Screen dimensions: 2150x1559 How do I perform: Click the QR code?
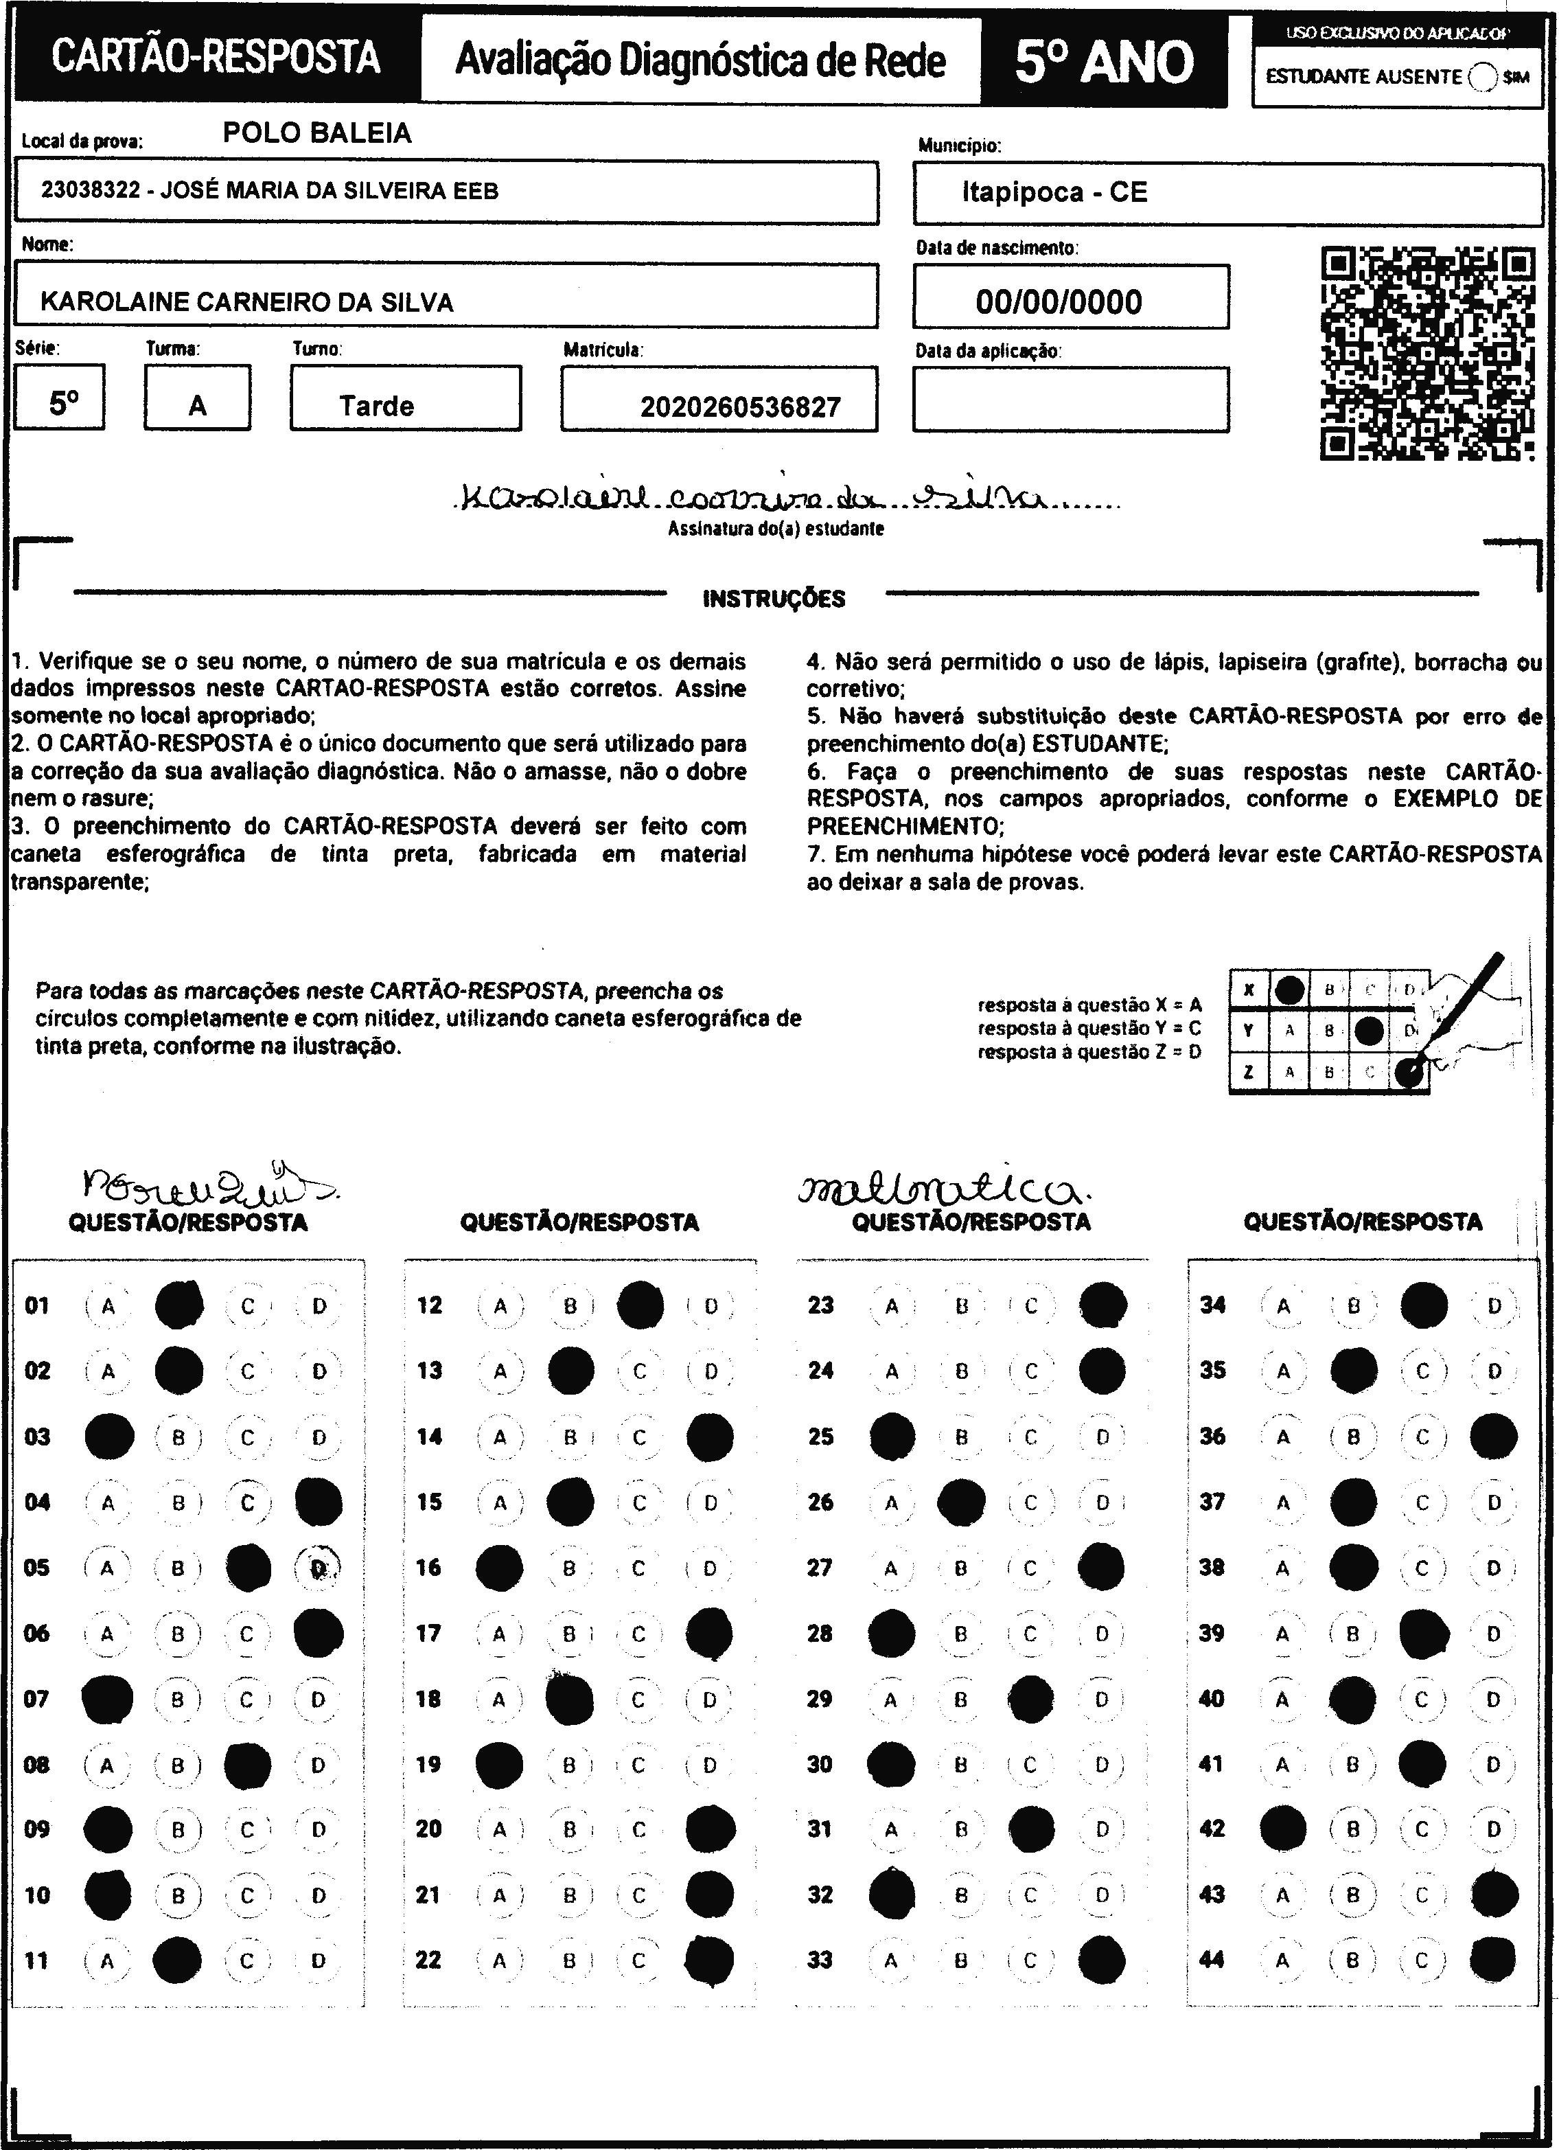pyautogui.click(x=1427, y=354)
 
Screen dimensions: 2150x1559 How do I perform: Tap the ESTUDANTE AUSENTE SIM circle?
pyautogui.click(x=1482, y=78)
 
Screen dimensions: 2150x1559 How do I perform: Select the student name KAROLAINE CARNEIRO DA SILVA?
pyautogui.click(x=246, y=302)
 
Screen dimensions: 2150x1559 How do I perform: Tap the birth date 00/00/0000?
pyautogui.click(x=1059, y=302)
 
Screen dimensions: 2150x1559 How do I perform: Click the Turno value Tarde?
pyautogui.click(x=376, y=407)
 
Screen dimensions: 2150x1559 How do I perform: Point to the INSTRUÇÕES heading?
pyautogui.click(x=774, y=598)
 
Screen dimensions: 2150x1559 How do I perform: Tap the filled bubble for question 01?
pyautogui.click(x=179, y=1305)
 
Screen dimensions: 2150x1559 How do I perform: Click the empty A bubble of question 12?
pyautogui.click(x=500, y=1306)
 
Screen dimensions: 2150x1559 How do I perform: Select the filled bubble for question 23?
pyautogui.click(x=1102, y=1305)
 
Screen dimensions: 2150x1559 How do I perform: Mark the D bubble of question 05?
pyautogui.click(x=319, y=1568)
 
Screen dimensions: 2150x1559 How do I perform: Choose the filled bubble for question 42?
pyautogui.click(x=1282, y=1829)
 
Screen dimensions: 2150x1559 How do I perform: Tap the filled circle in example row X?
pyautogui.click(x=1289, y=990)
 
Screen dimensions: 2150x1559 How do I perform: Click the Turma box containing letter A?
pyautogui.click(x=197, y=398)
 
